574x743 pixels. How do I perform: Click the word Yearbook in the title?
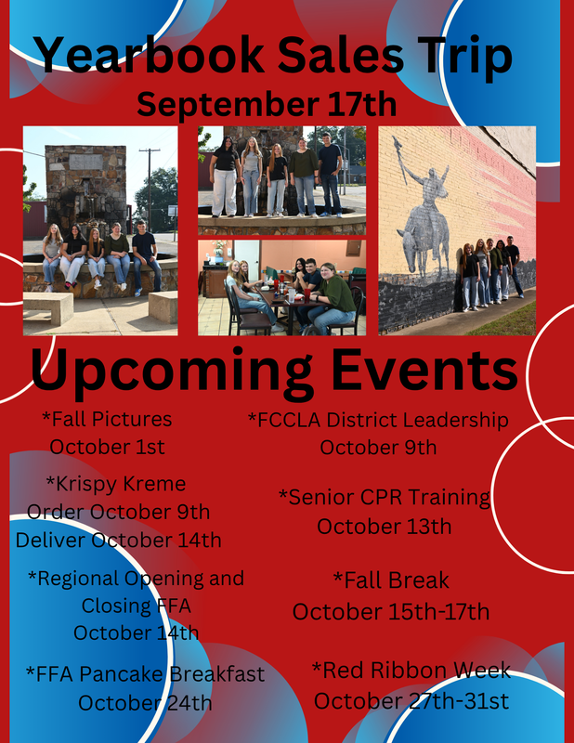pos(150,56)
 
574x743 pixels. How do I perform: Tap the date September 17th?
pos(267,104)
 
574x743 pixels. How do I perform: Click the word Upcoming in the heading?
pos(172,372)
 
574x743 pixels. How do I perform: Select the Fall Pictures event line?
pos(107,419)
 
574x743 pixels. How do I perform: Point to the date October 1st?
pos(107,447)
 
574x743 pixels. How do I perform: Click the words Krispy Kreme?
pos(116,484)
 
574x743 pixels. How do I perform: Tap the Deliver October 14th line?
pos(119,541)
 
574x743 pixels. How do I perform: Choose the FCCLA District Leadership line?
pos(378,420)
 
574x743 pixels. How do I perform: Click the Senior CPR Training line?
pos(385,498)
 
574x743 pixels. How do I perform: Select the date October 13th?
pos(385,527)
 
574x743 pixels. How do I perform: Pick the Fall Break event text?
pos(391,580)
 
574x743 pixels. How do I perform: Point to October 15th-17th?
pos(391,612)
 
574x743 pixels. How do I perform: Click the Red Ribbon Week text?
pos(411,671)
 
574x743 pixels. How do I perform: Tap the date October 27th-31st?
pos(411,701)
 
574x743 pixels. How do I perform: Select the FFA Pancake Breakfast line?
pos(145,674)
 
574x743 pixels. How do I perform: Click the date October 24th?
pos(145,703)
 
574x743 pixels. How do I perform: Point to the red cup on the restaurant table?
pos(307,295)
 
